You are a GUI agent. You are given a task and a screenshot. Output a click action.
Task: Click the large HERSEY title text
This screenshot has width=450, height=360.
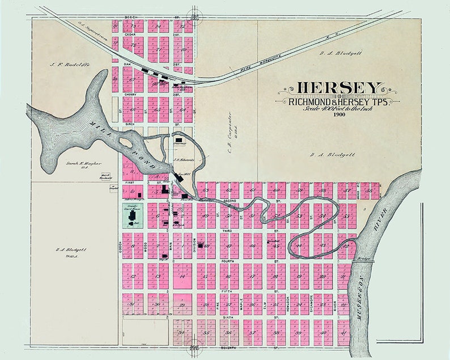pos(339,88)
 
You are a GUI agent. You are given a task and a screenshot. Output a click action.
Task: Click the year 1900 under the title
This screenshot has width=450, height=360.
pos(339,115)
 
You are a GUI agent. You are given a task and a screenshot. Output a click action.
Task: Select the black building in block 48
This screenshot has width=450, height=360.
pos(200,245)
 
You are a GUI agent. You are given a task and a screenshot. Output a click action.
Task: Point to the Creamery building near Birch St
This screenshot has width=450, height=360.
pos(180,140)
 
